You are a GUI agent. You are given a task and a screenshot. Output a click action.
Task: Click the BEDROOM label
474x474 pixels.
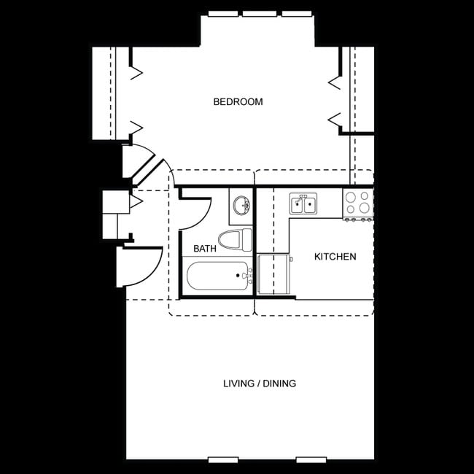(238, 102)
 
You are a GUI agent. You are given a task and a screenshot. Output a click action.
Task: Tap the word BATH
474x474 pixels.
(205, 249)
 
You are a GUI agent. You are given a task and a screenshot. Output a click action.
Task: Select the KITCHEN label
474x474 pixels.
(335, 257)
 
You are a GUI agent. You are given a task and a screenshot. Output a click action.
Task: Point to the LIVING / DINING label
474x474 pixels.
(259, 384)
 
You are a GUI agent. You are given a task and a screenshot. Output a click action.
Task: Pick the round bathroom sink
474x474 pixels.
(241, 205)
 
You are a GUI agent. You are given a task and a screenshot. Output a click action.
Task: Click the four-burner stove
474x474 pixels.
(357, 203)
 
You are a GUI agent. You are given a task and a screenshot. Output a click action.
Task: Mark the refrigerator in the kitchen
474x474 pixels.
(274, 275)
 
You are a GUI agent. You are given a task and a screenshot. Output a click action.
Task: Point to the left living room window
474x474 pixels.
(223, 459)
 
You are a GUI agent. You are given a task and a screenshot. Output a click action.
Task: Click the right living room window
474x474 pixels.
(311, 459)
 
